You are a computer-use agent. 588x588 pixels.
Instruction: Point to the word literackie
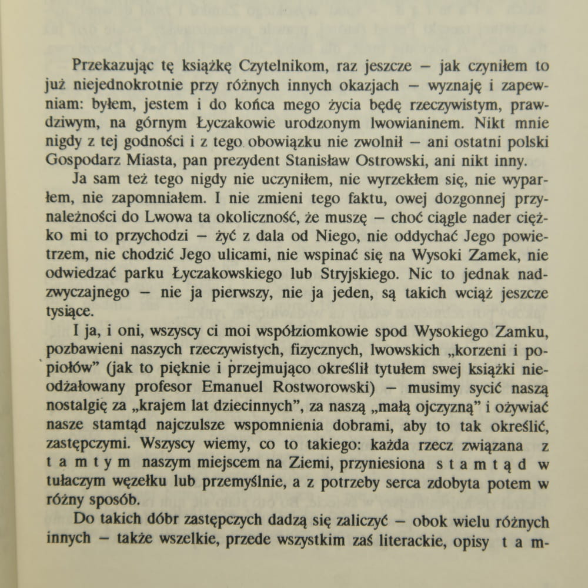pyautogui.click(x=405, y=542)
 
